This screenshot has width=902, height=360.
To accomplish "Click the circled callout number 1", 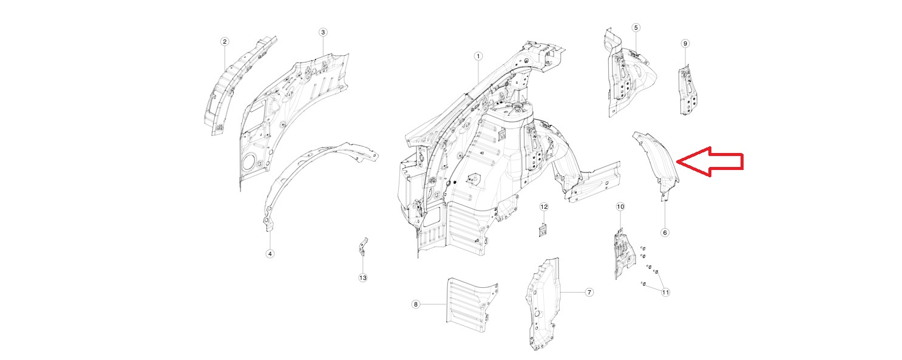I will (x=478, y=56).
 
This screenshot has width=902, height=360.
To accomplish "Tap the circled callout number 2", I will (x=225, y=41).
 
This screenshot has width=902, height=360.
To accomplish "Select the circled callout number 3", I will (x=322, y=32).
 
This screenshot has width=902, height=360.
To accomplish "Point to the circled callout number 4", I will (x=270, y=254).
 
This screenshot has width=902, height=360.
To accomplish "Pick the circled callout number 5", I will (x=636, y=27).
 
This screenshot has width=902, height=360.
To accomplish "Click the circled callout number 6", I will (x=665, y=232).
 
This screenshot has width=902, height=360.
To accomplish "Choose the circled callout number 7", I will (x=589, y=292).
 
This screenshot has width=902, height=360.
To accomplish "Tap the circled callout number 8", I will (x=416, y=304).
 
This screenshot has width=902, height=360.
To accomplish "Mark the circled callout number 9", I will (x=685, y=43).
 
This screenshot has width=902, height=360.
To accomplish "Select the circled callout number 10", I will (x=620, y=206).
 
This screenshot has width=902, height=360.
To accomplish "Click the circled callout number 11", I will (x=665, y=292).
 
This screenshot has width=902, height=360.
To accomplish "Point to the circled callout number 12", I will (x=544, y=206).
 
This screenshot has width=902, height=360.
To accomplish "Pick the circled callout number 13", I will (x=362, y=277).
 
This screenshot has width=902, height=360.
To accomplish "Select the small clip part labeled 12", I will (x=544, y=230).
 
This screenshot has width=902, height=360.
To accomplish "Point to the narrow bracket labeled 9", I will (x=688, y=90).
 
